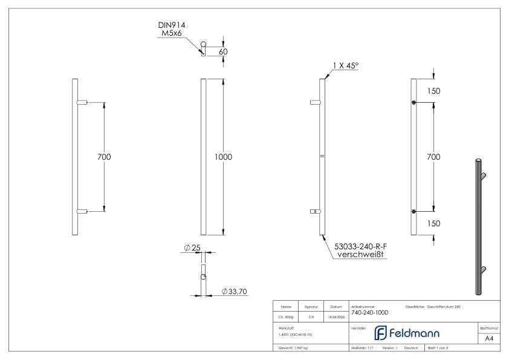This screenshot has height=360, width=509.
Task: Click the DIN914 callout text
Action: (172, 25)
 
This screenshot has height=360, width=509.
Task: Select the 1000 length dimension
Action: (224, 157)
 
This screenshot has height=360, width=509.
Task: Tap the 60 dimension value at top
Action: (223, 51)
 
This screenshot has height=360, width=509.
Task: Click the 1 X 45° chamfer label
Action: (345, 65)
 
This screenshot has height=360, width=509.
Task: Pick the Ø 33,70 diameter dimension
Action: (233, 292)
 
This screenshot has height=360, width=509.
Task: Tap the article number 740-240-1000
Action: (369, 313)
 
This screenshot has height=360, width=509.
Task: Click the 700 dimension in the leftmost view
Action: (104, 157)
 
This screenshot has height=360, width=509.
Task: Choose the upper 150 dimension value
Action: (433, 91)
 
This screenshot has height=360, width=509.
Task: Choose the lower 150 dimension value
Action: (433, 223)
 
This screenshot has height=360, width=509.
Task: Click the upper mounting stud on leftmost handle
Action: (82, 102)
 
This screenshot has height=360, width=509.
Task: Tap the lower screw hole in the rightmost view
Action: (413, 211)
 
